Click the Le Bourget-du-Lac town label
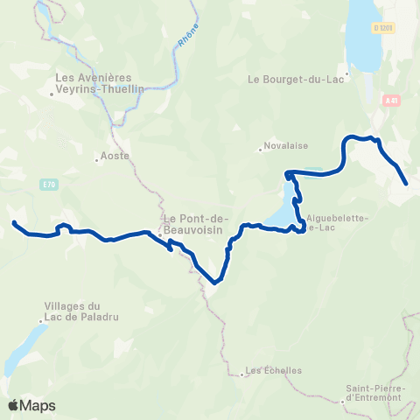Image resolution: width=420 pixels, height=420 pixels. pos(299,78)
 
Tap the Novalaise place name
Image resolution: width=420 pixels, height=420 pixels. pos(285,148)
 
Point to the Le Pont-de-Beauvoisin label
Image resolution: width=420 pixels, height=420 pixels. pos(194,223)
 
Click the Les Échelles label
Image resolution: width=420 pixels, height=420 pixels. pos(275,370)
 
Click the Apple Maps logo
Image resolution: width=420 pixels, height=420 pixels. pos(31,405)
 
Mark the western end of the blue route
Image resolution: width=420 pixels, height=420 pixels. pos(14,223)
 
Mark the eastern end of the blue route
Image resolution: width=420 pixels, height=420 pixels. pos(407,183)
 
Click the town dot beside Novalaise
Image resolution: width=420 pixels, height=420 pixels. pos(261,149)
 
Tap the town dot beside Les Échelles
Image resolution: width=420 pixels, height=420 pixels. pos(242,374)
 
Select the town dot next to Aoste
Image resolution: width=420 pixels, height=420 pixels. pos(96,159)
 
